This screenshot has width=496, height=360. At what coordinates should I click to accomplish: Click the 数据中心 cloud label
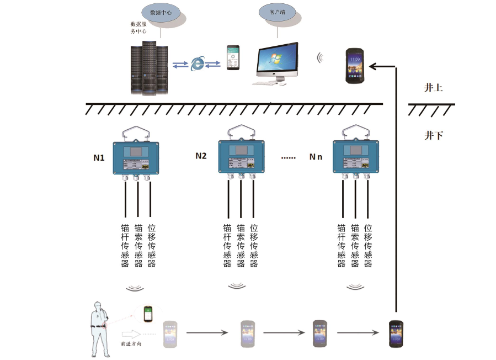164,12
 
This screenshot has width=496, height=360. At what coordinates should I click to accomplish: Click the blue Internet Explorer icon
197,64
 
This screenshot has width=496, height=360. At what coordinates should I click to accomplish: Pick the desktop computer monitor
278,61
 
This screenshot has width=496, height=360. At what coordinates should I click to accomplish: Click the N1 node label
99,158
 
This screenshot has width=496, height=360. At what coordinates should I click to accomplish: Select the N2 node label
201,156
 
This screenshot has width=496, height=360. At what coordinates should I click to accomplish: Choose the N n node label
316,157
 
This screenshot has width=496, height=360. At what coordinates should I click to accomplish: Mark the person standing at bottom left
99,328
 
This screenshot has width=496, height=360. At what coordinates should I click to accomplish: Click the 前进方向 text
131,343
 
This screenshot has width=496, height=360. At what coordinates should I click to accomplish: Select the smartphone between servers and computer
234,57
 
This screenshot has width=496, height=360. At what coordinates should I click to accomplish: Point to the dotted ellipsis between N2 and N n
289,157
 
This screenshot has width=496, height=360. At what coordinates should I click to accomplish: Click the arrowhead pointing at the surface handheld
373,66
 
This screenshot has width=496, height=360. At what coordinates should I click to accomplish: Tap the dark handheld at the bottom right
395,333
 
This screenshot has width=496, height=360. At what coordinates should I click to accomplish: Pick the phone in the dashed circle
148,314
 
